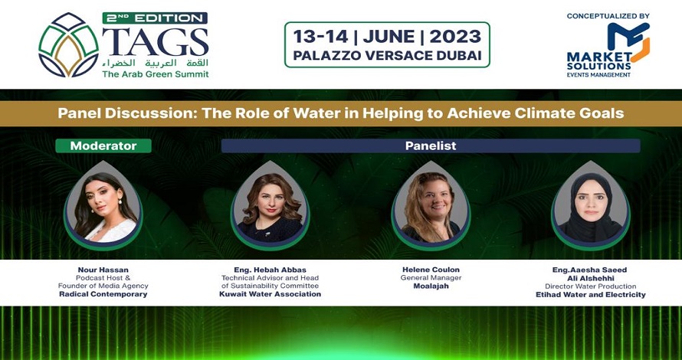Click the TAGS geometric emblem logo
click(68, 44)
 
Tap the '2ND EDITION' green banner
click(155, 18)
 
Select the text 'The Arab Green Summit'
click(156, 74)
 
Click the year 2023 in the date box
click(455, 37)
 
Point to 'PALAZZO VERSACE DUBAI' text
click(387, 56)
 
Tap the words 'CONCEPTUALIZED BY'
click(608, 16)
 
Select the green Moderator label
click(103, 146)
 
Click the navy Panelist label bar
click(431, 146)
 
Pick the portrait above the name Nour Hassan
click(103, 205)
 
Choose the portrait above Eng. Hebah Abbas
click(270, 205)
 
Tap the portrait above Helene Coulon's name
click(431, 205)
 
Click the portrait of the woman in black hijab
click(591, 205)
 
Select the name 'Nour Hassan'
click(103, 270)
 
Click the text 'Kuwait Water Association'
click(270, 294)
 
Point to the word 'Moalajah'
click(431, 286)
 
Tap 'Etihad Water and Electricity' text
click(591, 295)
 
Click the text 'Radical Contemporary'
click(103, 294)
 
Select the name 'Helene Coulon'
click(431, 270)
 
